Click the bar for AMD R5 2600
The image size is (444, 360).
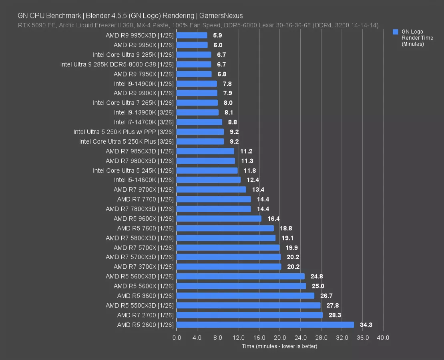[265, 325]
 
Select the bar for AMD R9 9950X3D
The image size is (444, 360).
[192, 35]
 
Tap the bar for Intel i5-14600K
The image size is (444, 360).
[209, 180]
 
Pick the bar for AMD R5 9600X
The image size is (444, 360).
[219, 218]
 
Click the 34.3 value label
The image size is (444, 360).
[366, 325]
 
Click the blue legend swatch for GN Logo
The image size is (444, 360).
[396, 32]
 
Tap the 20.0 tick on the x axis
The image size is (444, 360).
[280, 338]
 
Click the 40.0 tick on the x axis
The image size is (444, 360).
[383, 338]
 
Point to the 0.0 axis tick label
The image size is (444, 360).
[177, 338]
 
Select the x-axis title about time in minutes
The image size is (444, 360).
[279, 346]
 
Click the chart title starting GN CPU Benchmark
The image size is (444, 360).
[130, 16]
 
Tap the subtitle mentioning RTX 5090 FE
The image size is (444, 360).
[198, 25]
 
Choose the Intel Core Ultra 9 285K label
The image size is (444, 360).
[133, 55]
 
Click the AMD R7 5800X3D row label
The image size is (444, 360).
[140, 238]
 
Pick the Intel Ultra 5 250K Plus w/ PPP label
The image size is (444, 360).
[123, 132]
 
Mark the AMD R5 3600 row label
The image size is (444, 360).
[145, 296]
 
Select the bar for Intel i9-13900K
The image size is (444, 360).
[197, 112]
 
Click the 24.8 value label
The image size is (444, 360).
[316, 276]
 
